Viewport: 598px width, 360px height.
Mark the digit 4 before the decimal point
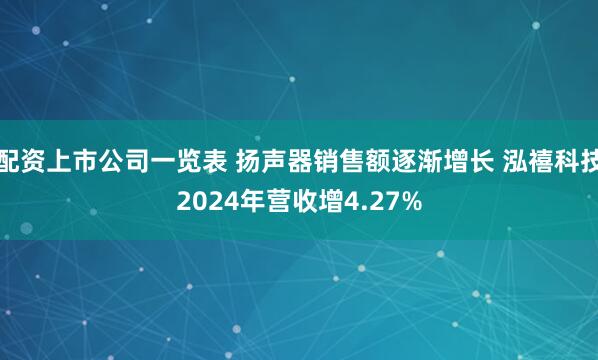pyautogui.click(x=350, y=201)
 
